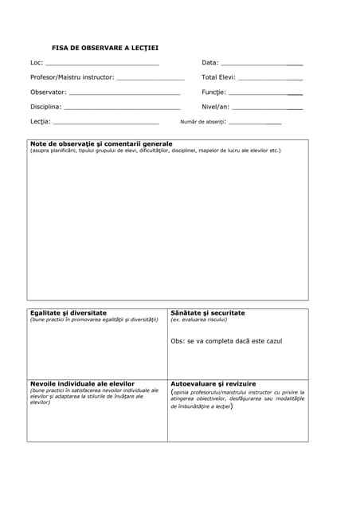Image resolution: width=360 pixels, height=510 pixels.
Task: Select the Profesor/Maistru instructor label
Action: point(72,77)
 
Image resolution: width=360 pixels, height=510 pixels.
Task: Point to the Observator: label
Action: point(49,92)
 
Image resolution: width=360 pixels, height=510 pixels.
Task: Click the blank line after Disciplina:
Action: point(122,107)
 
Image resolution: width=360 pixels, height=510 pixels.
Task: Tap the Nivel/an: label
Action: point(216,107)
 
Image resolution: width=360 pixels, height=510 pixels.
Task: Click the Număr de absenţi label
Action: point(203,122)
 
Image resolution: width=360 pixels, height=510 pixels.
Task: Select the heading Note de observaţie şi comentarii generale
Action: point(101,143)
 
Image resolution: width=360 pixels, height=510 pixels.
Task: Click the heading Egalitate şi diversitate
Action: point(68,313)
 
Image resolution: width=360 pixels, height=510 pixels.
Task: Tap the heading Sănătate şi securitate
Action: point(208,313)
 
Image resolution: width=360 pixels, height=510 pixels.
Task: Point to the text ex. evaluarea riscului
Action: point(199,320)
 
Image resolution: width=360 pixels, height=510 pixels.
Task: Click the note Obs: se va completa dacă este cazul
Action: point(226,341)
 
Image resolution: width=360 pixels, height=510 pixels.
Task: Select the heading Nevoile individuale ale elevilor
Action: point(83,383)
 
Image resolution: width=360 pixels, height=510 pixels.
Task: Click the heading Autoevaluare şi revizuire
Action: point(213,383)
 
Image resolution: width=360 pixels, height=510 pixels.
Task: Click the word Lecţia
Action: point(40,122)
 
